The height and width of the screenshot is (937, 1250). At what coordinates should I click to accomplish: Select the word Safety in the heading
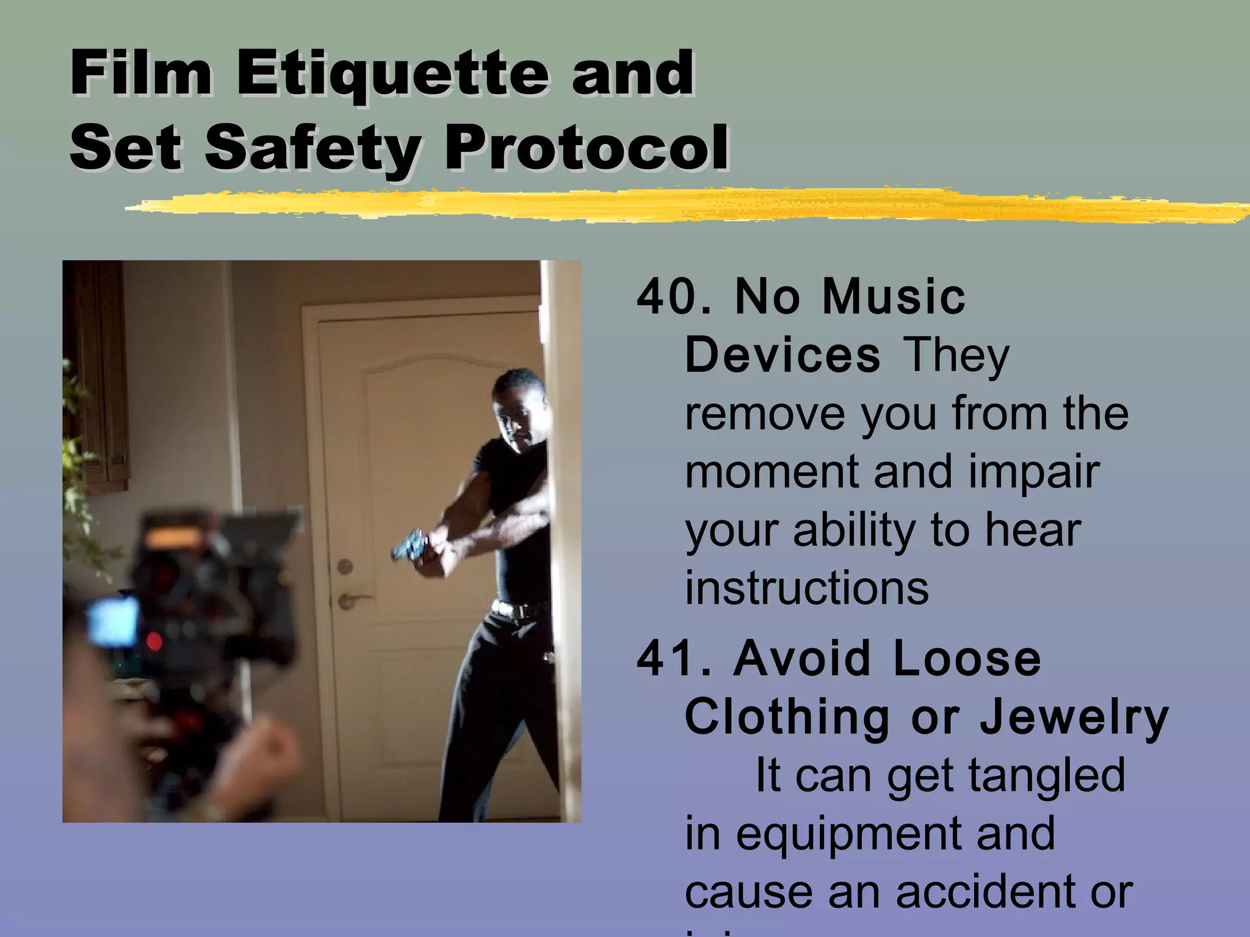click(312, 148)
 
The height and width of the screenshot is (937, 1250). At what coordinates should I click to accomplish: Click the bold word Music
click(894, 297)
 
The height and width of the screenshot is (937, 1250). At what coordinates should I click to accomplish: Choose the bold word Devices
click(782, 355)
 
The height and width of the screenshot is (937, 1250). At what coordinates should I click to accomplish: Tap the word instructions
click(806, 588)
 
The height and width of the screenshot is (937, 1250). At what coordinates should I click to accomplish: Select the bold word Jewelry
click(1074, 717)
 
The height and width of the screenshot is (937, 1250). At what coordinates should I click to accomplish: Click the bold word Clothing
click(787, 717)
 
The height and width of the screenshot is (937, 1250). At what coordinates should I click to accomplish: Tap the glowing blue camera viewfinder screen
click(114, 621)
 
